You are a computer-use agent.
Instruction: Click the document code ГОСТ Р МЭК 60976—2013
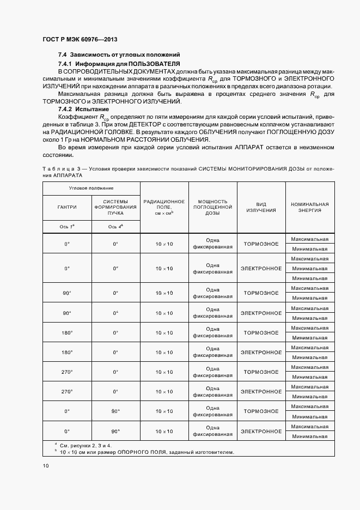pos(79,40)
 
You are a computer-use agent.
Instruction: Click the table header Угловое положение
pos(91,188)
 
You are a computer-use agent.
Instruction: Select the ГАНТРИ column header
pos(67,207)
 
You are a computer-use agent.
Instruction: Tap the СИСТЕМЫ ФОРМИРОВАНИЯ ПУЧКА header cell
pos(115,207)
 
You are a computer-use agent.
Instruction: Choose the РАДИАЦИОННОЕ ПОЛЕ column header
pos(164,207)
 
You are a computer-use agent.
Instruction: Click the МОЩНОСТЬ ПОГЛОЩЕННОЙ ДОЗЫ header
pos(212,207)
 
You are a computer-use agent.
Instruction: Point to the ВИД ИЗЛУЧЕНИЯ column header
pos(261,207)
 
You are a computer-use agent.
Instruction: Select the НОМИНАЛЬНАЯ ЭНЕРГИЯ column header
pos(309,207)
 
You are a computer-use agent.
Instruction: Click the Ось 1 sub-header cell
pos(67,227)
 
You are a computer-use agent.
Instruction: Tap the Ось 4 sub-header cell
pos(115,227)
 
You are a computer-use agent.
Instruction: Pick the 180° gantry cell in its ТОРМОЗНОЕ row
pos(67,332)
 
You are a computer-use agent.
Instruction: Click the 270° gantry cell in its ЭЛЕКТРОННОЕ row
pos(67,391)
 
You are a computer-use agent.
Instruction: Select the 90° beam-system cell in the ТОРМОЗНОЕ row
pos(115,411)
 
